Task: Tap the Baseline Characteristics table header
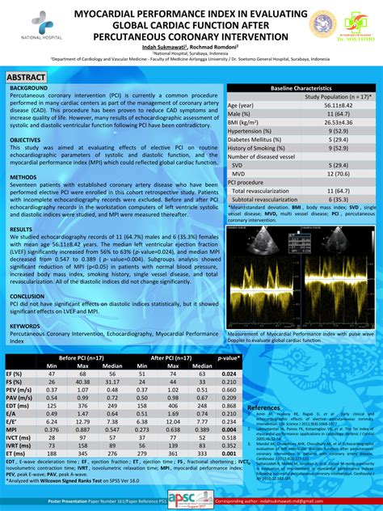(x=301, y=87)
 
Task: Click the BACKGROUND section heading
(x=29, y=87)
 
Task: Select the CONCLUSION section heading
(x=27, y=296)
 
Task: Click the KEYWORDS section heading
(x=25, y=326)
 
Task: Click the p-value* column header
(x=229, y=357)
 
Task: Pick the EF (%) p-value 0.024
(x=229, y=374)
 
